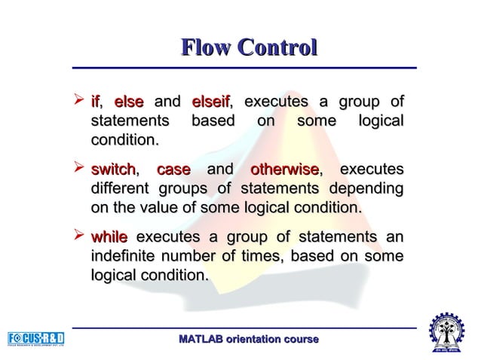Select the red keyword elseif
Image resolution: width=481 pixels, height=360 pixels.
coord(211,102)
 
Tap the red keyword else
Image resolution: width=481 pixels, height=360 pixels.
coord(128,102)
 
